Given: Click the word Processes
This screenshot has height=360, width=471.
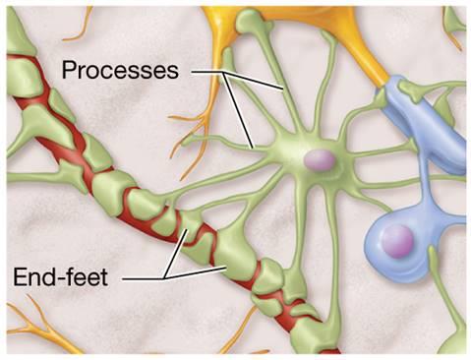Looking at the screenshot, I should click(120, 71).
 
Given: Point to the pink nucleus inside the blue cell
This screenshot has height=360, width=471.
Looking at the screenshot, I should click(397, 241).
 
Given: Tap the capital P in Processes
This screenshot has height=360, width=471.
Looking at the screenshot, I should click(68, 71).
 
